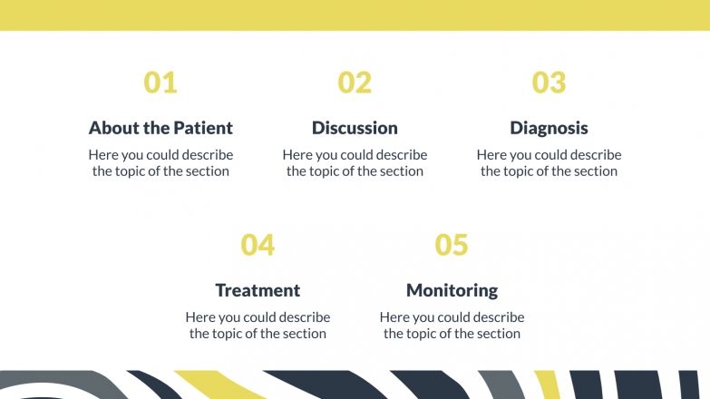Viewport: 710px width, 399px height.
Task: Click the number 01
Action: point(160,83)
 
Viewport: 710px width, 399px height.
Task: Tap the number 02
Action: point(355,83)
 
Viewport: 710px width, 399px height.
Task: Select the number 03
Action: point(549,83)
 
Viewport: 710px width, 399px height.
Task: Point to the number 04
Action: point(258,245)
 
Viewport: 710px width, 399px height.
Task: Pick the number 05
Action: point(452,245)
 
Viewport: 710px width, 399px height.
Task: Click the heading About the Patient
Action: point(160,128)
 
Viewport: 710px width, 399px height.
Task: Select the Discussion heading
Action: point(355,128)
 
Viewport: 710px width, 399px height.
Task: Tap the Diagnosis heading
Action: point(549,128)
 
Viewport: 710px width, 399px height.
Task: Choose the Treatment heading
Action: point(258,290)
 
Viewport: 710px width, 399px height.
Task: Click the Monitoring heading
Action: point(452,290)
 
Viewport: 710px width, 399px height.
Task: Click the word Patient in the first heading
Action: point(203,128)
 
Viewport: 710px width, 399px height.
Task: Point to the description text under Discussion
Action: point(355,163)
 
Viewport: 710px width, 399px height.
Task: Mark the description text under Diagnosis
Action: point(549,163)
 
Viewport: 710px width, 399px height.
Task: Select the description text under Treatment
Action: point(258,326)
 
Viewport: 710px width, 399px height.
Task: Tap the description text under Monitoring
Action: point(452,326)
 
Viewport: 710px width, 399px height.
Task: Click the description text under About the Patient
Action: point(160,163)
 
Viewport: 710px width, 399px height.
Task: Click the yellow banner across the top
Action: point(355,15)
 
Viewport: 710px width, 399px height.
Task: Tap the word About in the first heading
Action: point(114,128)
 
